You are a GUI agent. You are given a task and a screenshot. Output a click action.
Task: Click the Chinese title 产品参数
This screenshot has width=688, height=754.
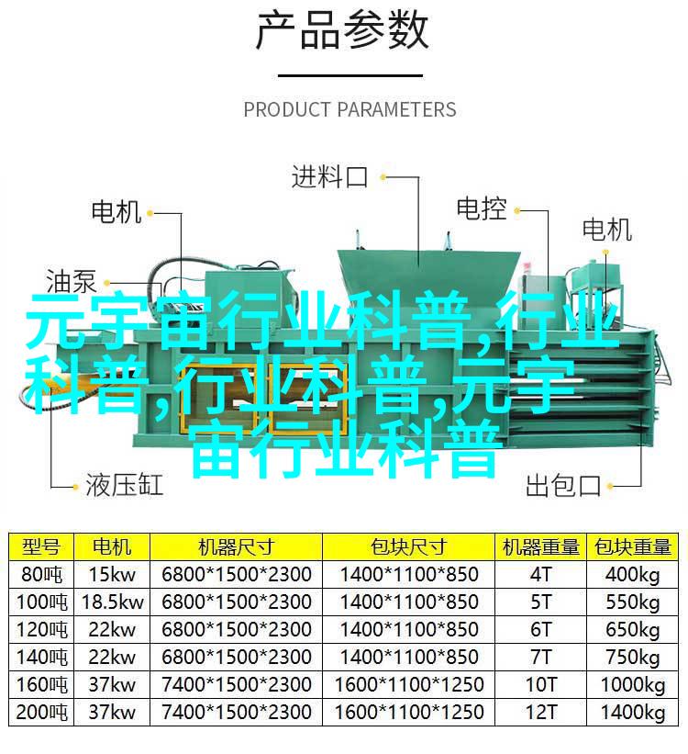341,31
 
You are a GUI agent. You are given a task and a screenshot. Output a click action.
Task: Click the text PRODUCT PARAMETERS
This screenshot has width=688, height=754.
350,109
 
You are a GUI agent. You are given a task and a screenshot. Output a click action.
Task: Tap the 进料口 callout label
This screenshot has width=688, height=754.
330,177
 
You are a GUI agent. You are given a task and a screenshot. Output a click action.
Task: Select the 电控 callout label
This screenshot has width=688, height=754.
482,209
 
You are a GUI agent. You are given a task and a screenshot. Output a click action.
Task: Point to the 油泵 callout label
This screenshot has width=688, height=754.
72,281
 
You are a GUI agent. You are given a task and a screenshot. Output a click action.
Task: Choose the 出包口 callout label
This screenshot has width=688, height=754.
563,485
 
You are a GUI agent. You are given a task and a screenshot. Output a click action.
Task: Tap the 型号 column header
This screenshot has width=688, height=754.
41,546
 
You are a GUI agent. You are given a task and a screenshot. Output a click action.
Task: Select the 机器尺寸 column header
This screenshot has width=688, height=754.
236,546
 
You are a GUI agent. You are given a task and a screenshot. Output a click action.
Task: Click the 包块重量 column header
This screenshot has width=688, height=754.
632,546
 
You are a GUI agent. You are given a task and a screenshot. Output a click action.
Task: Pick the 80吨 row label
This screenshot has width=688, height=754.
41,574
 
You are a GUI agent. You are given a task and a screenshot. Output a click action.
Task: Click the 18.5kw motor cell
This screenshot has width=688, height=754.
113,602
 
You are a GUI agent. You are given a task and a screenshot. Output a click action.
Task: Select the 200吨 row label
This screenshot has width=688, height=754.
41,712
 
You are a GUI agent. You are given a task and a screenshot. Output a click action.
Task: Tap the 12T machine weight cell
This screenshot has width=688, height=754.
541,712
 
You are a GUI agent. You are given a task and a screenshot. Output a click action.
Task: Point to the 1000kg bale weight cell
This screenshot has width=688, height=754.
632,685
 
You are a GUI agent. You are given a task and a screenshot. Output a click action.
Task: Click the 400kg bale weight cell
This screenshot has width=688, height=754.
632,575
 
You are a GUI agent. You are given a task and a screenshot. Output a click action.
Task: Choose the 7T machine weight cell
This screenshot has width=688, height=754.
541,657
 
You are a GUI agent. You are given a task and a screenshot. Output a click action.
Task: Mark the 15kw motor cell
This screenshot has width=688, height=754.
113,574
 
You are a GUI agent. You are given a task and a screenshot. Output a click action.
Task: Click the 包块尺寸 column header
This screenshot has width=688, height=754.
408,546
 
